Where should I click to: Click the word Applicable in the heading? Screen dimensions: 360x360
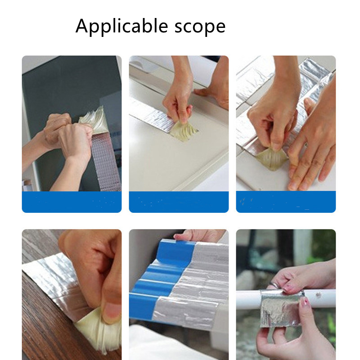pos(121,27)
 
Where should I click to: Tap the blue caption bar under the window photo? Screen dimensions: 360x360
pos(72,202)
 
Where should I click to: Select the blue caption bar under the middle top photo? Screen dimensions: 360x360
pos(179,202)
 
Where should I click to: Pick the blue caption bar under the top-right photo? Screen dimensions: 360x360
pos(286,202)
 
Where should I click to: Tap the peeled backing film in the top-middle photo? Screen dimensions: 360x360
pos(183,130)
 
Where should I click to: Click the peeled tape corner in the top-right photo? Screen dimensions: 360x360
pos(272,158)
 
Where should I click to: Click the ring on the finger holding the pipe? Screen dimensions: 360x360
pos(274,285)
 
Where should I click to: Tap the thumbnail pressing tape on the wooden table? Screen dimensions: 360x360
pos(112,313)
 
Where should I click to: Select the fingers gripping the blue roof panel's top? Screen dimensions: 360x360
pos(198,235)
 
